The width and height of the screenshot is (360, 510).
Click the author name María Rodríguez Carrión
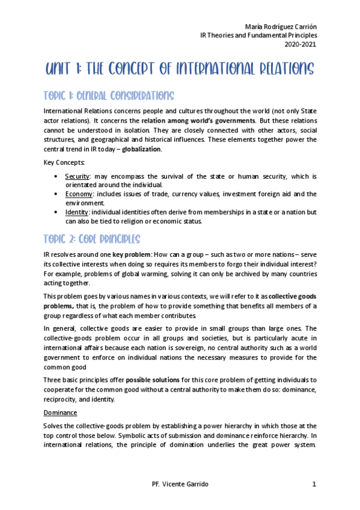[x=281, y=27]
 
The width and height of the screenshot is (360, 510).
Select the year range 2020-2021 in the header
[x=301, y=44]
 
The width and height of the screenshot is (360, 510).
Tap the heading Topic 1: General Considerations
[x=109, y=96]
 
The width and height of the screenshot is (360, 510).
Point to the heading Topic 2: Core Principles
[x=93, y=239]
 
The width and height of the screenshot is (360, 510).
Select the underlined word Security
[x=78, y=176]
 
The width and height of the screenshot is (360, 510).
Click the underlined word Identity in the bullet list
[x=77, y=212]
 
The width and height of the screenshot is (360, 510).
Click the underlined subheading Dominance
[x=61, y=413]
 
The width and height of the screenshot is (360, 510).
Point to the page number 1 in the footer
[x=314, y=485]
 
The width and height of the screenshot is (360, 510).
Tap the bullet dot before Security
[x=56, y=176]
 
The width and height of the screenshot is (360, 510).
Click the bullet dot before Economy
[x=56, y=194]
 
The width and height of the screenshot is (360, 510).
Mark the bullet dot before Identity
[x=56, y=212]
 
